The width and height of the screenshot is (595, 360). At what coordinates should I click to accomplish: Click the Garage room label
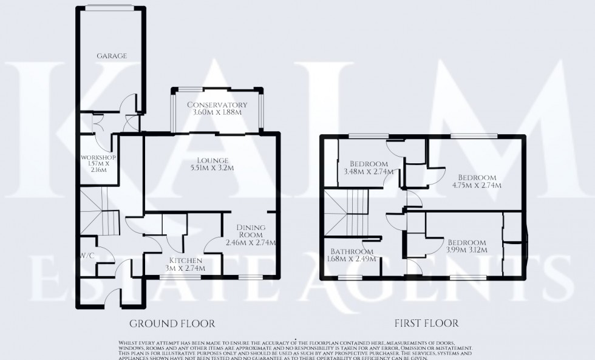[x=112, y=56]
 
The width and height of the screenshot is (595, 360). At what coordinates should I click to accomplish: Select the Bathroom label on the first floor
[x=352, y=252]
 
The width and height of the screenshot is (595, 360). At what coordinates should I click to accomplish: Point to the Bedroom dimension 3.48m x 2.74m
[x=369, y=172]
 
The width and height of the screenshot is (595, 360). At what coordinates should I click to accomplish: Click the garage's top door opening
[x=109, y=7]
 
